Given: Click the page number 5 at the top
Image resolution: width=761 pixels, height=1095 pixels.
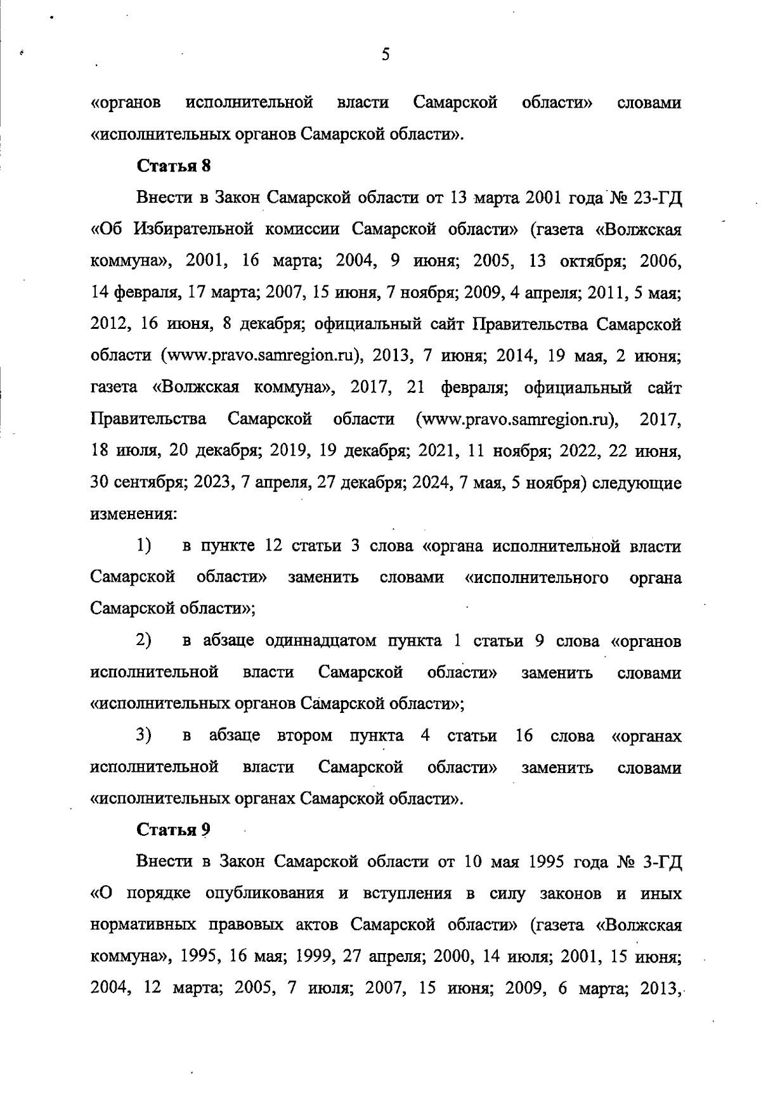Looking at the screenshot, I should (386, 54).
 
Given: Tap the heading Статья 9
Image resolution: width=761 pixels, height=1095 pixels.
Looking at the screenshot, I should (174, 829).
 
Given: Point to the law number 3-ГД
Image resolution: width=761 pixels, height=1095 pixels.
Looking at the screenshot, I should (661, 862).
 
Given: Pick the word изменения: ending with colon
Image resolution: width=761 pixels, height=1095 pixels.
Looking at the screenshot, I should (133, 514).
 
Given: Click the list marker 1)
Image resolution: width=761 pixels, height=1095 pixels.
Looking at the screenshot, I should (143, 546).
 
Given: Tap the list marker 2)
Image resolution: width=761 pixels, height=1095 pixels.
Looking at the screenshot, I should (143, 641).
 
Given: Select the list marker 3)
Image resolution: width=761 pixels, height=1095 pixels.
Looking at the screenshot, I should (143, 736).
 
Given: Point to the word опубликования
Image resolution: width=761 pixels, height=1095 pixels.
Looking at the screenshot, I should (266, 893).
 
